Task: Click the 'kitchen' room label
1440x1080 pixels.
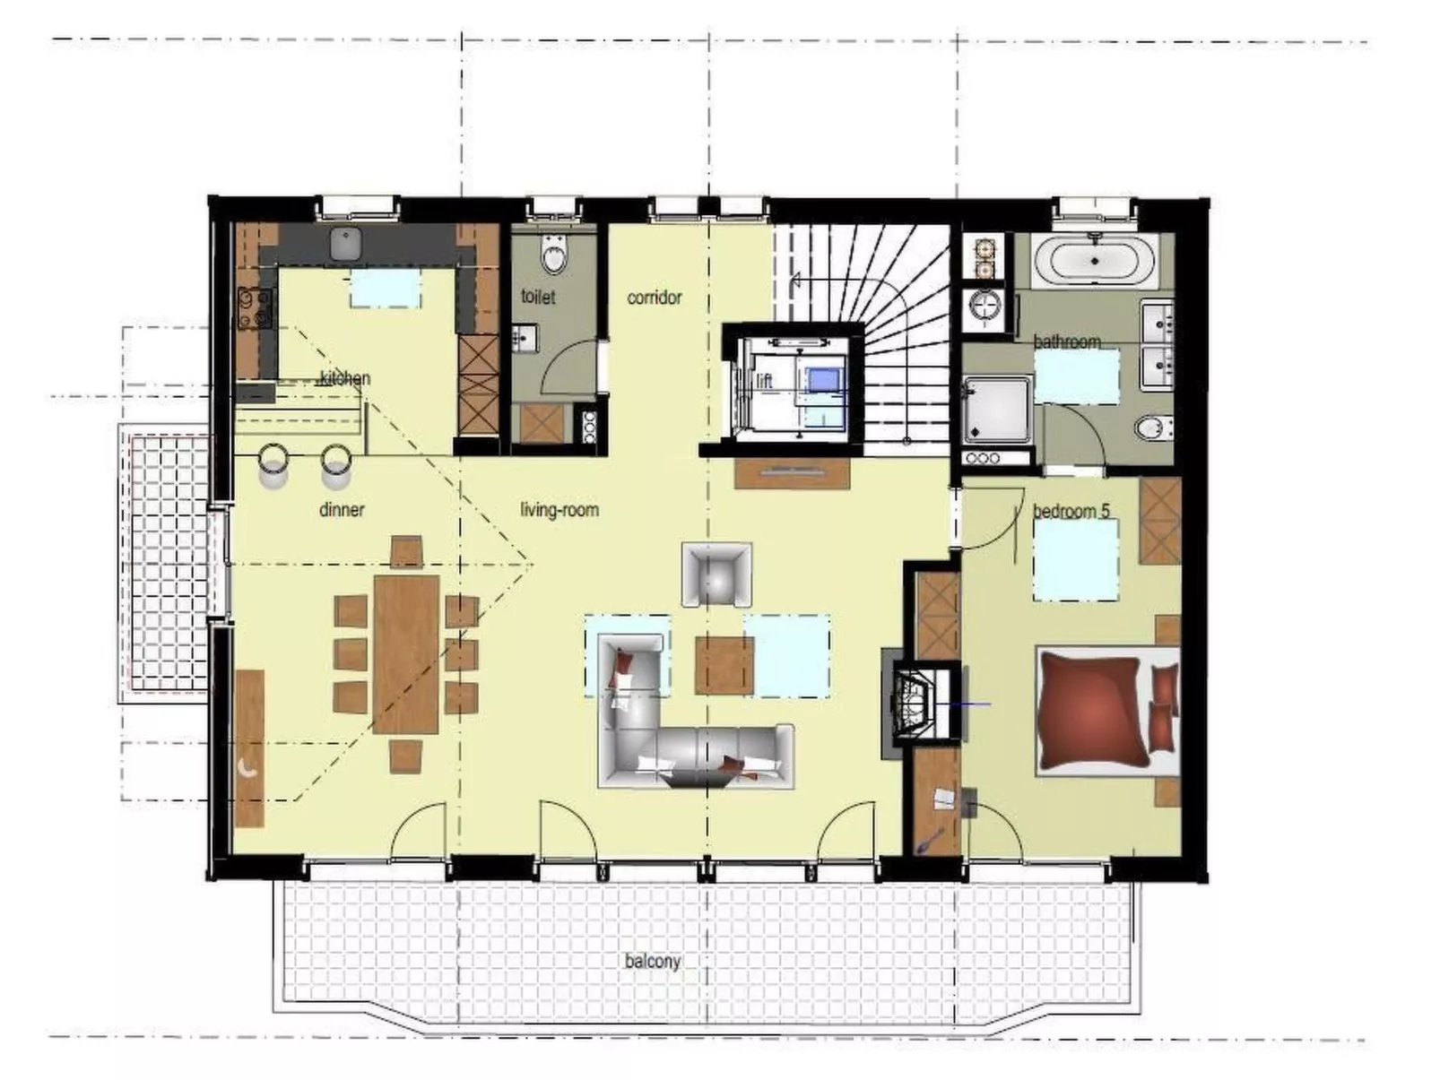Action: [345, 378]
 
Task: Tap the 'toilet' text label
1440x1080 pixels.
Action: [538, 297]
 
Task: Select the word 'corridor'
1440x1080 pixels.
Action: [654, 298]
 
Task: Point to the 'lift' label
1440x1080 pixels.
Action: [764, 381]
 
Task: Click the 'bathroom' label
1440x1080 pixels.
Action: [1066, 341]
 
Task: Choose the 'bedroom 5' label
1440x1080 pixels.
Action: [1071, 511]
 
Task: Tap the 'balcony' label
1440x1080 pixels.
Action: [653, 961]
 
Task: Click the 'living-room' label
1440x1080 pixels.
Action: [560, 510]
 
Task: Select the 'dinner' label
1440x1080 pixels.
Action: [342, 510]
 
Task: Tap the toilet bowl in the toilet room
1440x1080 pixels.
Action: [554, 256]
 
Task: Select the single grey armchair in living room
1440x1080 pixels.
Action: [716, 574]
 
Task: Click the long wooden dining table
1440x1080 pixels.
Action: [406, 654]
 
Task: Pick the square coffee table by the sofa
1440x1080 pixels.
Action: [724, 666]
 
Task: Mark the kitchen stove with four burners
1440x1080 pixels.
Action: [254, 307]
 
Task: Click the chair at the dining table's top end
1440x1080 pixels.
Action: [406, 550]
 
